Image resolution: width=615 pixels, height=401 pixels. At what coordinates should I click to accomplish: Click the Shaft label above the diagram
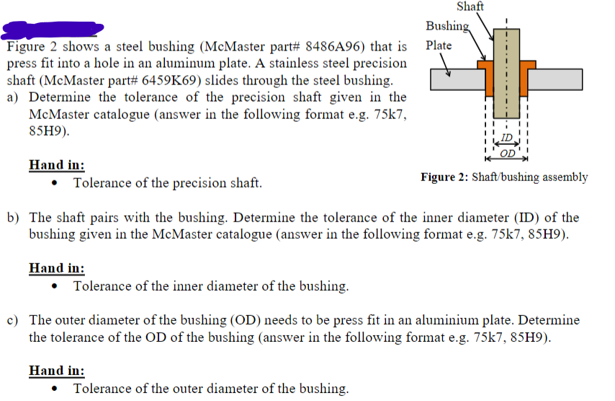pyautogui.click(x=470, y=6)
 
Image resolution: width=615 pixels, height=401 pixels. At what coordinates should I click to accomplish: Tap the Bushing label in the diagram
pyautogui.click(x=446, y=26)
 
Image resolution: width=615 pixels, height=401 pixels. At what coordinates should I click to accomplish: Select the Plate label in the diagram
pyautogui.click(x=439, y=45)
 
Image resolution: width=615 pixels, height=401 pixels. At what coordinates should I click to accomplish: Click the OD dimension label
pyautogui.click(x=507, y=152)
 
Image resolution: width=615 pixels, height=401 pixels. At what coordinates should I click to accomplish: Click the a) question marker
pyautogui.click(x=13, y=97)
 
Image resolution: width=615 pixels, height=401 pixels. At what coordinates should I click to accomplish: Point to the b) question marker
pyautogui.click(x=13, y=218)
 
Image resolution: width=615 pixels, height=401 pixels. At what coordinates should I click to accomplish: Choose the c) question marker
pyautogui.click(x=13, y=320)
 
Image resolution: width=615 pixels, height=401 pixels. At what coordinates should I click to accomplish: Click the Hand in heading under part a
pyautogui.click(x=56, y=165)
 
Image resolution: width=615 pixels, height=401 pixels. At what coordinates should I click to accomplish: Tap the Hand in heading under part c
pyautogui.click(x=56, y=371)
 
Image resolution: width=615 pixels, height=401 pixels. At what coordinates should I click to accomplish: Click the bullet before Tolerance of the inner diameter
pyautogui.click(x=56, y=286)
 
